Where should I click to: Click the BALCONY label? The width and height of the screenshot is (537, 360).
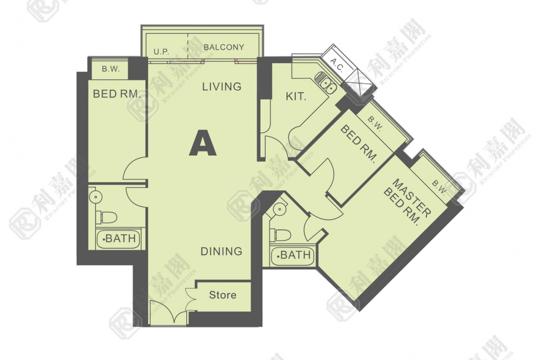click(x=224, y=47)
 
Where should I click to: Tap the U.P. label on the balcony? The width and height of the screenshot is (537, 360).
click(x=161, y=52)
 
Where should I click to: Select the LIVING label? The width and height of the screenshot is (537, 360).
click(x=222, y=87)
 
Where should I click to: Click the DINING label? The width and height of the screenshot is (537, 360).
click(x=221, y=251)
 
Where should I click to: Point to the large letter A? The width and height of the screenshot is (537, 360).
click(x=203, y=144)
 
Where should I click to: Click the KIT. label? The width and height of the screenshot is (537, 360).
click(x=296, y=96)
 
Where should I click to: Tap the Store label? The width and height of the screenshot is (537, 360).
click(x=223, y=295)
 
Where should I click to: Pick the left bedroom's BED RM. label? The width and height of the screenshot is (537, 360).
click(x=117, y=94)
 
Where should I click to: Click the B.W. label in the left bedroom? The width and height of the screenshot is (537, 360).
click(x=111, y=69)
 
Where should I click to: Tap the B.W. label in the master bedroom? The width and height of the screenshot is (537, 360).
click(x=439, y=188)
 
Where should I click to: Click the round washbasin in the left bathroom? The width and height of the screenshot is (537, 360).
click(x=95, y=197)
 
